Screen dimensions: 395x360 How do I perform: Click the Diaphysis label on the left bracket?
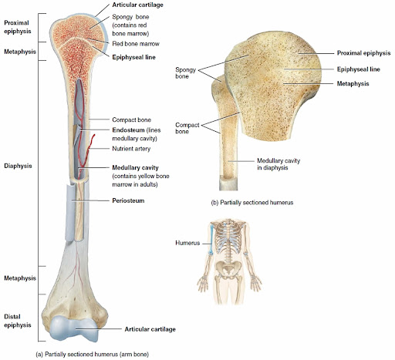[x=18, y=166]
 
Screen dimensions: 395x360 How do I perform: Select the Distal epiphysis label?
[x=18, y=321]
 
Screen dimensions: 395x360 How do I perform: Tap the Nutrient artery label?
[x=131, y=149]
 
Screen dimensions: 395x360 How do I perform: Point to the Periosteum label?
[x=128, y=200]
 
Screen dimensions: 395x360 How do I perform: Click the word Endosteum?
[x=128, y=130]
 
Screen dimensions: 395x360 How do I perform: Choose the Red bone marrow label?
[x=136, y=44]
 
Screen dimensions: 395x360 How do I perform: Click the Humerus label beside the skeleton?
[x=187, y=243]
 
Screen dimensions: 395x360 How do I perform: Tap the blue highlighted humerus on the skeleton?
[x=211, y=240]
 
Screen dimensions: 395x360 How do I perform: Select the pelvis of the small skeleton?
[x=227, y=268]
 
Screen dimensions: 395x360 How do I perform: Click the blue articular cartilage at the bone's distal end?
[x=74, y=328]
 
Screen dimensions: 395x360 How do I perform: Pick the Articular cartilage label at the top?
[x=137, y=5]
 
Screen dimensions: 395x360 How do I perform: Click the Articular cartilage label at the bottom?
[x=150, y=329]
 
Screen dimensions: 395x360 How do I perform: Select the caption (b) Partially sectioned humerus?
[x=252, y=203]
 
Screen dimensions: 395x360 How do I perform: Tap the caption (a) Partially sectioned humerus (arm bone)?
[x=92, y=355]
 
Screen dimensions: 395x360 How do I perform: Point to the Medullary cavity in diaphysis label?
[x=279, y=164]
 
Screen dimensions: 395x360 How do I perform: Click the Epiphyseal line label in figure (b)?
[x=359, y=69]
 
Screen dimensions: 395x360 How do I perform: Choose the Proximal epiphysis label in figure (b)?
[x=363, y=53]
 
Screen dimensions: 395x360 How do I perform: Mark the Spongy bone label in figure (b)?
[x=186, y=73]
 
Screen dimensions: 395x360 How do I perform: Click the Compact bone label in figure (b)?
[x=187, y=128]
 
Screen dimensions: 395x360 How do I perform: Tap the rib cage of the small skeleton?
[x=228, y=237]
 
